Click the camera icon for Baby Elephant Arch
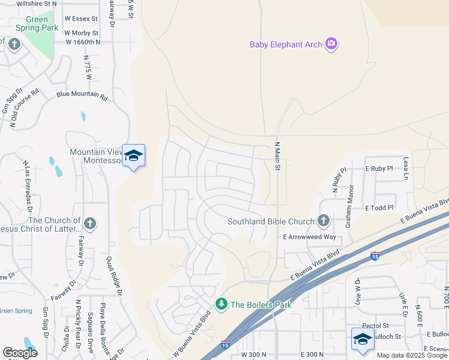(331, 44)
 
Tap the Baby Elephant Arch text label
(285, 44)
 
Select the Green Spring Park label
(37, 23)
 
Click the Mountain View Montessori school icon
(133, 156)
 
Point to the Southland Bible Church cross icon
(324, 221)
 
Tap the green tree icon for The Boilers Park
(222, 304)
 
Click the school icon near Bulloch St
(363, 340)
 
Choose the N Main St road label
(277, 156)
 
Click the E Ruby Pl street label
(379, 169)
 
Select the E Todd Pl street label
(379, 208)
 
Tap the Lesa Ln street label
(406, 169)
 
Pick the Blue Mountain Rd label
(82, 95)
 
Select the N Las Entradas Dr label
(26, 186)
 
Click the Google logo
(20, 353)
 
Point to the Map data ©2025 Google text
(412, 355)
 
